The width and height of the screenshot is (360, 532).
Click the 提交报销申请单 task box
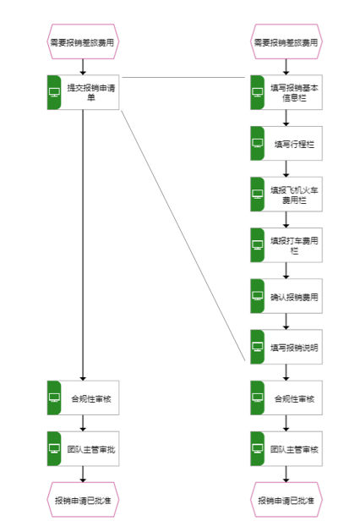pyautogui.click(x=83, y=92)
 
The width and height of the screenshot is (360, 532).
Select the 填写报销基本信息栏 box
pyautogui.click(x=286, y=92)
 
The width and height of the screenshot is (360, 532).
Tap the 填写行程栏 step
pyautogui.click(x=286, y=143)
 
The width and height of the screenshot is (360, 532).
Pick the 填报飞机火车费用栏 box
pyautogui.click(x=286, y=194)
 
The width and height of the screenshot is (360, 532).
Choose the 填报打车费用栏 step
pyautogui.click(x=286, y=245)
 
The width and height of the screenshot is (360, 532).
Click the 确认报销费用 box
pyautogui.click(x=286, y=296)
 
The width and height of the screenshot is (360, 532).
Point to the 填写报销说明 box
pyautogui.click(x=286, y=347)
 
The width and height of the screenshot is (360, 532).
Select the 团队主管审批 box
pyautogui.click(x=83, y=448)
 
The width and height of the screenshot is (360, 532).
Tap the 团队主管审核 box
pyautogui.click(x=286, y=448)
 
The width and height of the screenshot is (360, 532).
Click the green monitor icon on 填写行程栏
pyautogui.click(x=258, y=143)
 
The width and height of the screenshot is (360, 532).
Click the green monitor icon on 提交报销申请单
pyautogui.click(x=54, y=92)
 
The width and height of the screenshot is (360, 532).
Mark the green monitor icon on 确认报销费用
pyautogui.click(x=258, y=296)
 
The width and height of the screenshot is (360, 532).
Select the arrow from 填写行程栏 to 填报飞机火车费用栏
pyautogui.click(x=286, y=168)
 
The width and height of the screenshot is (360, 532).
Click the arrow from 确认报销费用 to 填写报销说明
pyautogui.click(x=286, y=321)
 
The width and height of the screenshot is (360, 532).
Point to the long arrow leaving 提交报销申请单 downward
pyautogui.click(x=83, y=245)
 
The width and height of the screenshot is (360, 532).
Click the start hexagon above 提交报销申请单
pyautogui.click(x=83, y=41)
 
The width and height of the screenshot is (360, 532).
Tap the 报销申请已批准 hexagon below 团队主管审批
pyautogui.click(x=83, y=500)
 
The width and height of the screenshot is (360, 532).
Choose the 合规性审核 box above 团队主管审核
pyautogui.click(x=286, y=398)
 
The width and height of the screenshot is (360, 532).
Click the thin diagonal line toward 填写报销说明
pyautogui.click(x=183, y=235)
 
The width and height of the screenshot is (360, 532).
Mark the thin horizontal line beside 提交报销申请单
pyautogui.click(x=183, y=77)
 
